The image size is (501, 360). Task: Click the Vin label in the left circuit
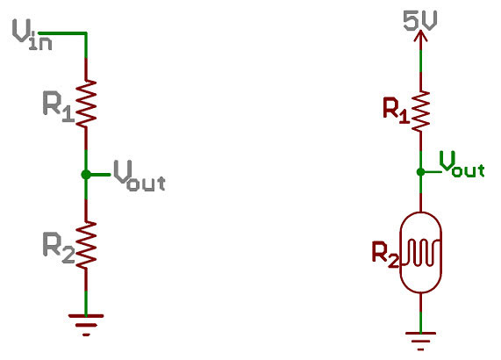tap(32, 34)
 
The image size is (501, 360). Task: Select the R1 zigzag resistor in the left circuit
tap(86, 104)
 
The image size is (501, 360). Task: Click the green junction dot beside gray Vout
tap(86, 175)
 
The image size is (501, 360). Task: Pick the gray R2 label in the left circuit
tap(59, 248)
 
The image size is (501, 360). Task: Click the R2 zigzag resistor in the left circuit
tap(86, 245)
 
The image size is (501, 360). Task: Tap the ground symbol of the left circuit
tap(86, 325)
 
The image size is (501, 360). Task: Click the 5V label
tap(420, 20)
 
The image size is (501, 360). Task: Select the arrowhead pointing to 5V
tap(421, 35)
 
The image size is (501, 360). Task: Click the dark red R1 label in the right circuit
tap(397, 111)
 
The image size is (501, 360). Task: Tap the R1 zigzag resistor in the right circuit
tap(421, 111)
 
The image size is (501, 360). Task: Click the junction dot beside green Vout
tap(421, 172)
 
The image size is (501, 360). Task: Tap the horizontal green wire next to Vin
tap(62, 33)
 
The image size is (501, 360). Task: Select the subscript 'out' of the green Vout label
tap(468, 170)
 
